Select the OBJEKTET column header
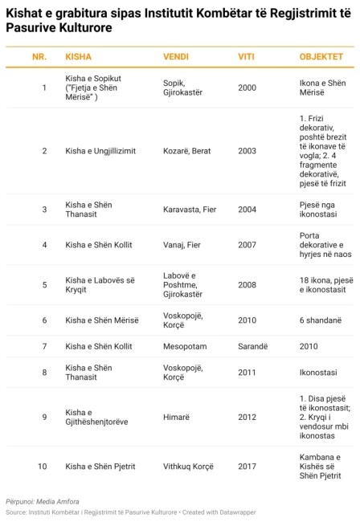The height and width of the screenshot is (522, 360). click(x=315, y=59)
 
